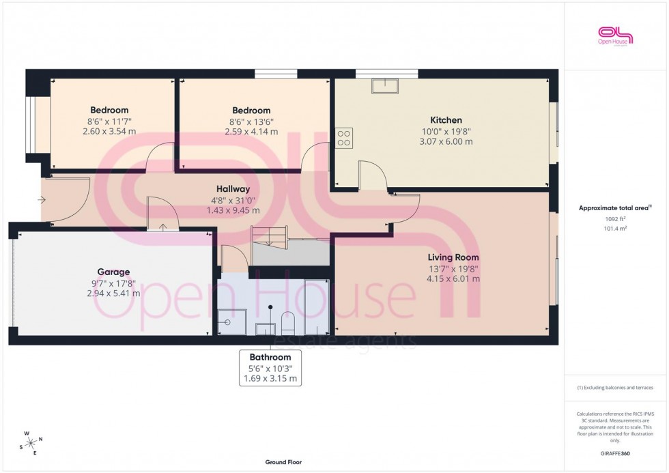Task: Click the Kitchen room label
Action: click(446, 120)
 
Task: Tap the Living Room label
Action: click(453, 257)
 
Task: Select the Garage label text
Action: click(113, 272)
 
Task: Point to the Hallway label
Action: click(233, 189)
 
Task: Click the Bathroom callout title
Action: click(270, 357)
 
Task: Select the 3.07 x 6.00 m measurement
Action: click(446, 142)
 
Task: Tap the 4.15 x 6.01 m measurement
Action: click(453, 278)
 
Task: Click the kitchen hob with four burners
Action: click(343, 138)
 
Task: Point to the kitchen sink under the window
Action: click(384, 85)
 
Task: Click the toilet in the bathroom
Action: click(287, 322)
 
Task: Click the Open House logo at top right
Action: click(615, 36)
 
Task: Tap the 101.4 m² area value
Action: click(615, 229)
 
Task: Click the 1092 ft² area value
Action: click(615, 219)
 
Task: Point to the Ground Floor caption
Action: click(283, 462)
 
